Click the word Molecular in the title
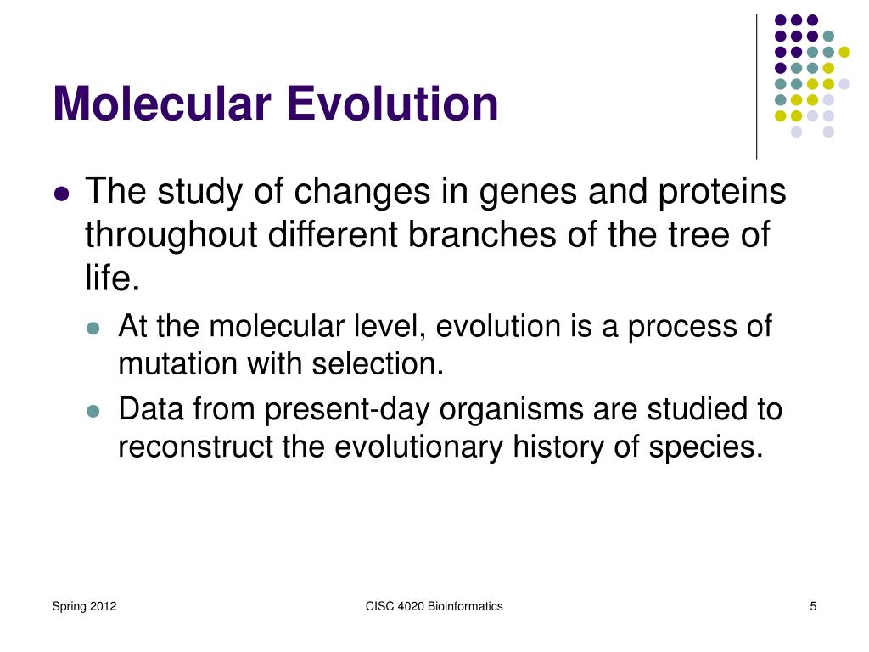click(162, 103)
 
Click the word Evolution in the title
click(392, 103)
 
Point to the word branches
click(482, 233)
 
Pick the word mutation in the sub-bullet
click(178, 364)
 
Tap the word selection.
click(378, 364)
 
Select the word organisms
click(512, 411)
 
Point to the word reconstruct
click(196, 447)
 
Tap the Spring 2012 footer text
click(84, 606)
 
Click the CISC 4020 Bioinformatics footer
click(434, 606)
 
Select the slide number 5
click(813, 606)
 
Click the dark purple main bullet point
click(62, 194)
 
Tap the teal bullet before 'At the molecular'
click(93, 329)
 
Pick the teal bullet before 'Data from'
click(93, 412)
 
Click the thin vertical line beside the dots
click(756, 87)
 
